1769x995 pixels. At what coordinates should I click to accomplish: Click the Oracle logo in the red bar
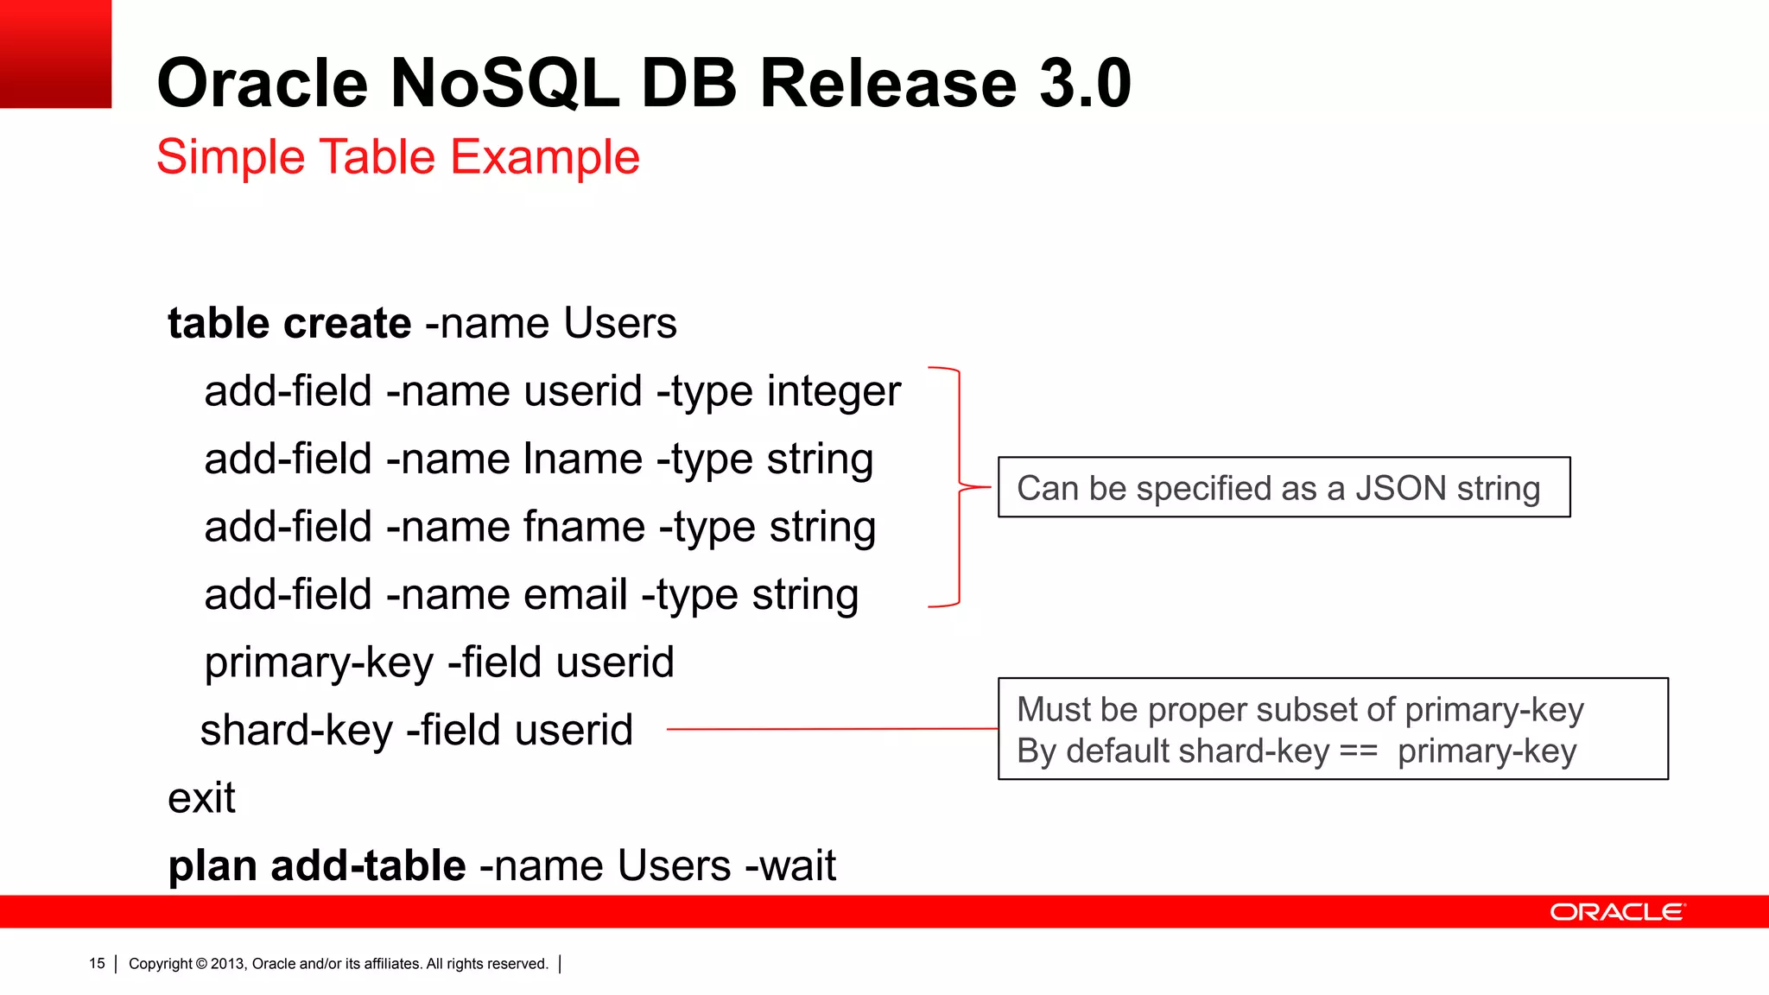pos(1617,912)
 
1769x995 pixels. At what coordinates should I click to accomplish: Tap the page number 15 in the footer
pos(97,963)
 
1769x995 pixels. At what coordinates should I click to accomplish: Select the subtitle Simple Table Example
pos(398,157)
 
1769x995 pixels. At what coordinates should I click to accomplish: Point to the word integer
pos(834,392)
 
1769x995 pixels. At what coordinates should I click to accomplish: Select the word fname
pos(585,527)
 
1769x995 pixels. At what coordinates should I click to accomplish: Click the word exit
pos(201,798)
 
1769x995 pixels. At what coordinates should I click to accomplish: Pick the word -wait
pos(790,866)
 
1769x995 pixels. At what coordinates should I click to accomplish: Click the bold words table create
pos(289,324)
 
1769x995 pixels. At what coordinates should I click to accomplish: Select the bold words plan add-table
pos(317,866)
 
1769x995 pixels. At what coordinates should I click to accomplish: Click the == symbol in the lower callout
pos(1359,751)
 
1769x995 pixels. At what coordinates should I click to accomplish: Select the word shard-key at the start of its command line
pos(296,731)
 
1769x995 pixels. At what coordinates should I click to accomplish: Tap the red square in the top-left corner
pos(55,54)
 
